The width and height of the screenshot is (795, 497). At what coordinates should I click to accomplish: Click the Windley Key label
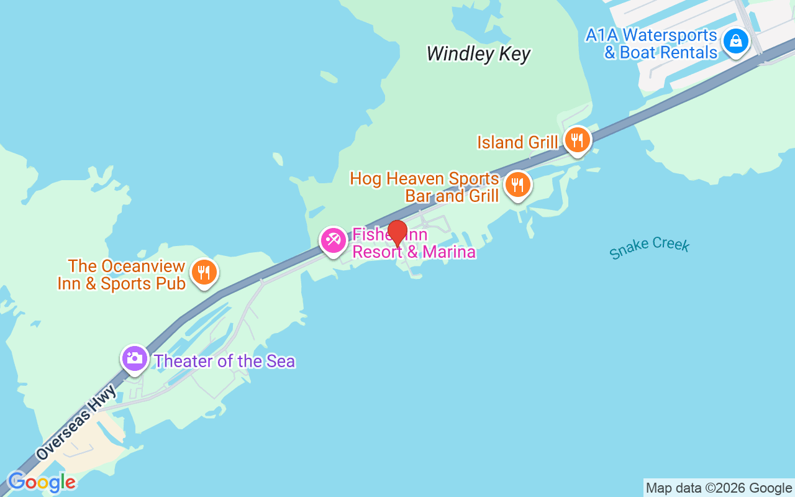(478, 54)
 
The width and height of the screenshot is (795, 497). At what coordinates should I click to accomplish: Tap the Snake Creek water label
(649, 247)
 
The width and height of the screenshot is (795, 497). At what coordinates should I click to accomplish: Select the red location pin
(397, 234)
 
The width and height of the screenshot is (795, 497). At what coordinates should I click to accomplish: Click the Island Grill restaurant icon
(578, 140)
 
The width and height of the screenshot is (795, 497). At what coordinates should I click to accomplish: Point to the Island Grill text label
(517, 142)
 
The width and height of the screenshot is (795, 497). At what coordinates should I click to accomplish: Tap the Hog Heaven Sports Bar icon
(517, 185)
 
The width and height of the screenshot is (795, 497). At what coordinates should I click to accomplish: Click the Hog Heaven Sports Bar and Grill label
(425, 187)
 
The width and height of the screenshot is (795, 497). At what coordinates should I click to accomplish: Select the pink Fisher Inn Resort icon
(334, 240)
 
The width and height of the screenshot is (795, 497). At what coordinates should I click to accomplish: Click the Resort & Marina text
(414, 252)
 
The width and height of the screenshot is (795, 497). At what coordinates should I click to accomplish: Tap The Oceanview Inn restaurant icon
(203, 272)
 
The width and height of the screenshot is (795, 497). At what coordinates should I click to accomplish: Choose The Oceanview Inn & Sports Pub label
(122, 275)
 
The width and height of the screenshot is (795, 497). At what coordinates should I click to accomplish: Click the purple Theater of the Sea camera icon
(134, 358)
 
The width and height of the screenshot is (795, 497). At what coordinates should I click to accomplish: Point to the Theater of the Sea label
(224, 361)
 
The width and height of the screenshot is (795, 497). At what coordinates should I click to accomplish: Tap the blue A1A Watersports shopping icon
(736, 41)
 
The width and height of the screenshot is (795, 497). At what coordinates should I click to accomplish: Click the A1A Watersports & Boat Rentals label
(652, 43)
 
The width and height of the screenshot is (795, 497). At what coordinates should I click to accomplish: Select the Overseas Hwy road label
(76, 422)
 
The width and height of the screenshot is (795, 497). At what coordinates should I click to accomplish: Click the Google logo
(42, 482)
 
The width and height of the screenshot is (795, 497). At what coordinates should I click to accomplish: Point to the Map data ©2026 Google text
(719, 488)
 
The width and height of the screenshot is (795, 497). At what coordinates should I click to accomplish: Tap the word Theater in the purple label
(183, 361)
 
